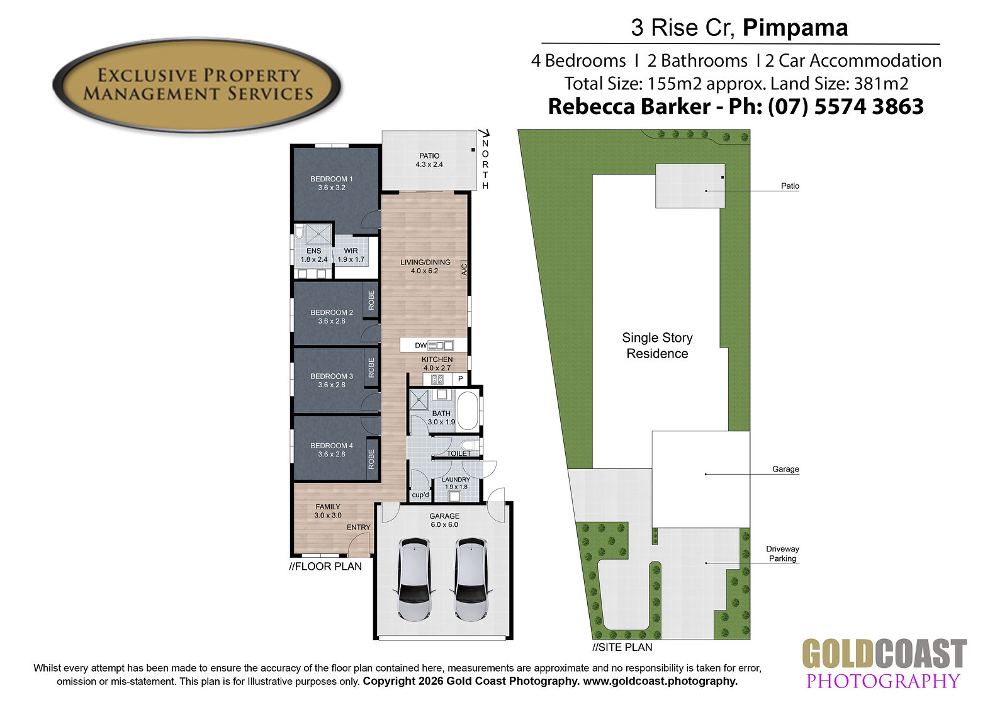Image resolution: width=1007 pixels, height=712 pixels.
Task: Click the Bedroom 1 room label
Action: pyautogui.click(x=331, y=183)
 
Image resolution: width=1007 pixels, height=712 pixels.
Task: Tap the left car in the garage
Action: pyautogui.click(x=416, y=580)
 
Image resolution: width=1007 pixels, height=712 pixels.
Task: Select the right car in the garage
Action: pyautogui.click(x=471, y=580)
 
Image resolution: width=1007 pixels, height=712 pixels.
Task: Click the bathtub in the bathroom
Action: pyautogui.click(x=468, y=411)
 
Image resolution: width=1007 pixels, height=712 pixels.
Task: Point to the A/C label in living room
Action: pyautogui.click(x=464, y=269)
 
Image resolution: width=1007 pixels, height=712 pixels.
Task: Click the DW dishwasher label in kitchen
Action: pyautogui.click(x=421, y=346)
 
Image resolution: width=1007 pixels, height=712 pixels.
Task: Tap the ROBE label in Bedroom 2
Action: pyautogui.click(x=371, y=300)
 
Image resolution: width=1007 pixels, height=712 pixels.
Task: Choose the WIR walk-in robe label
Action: pyautogui.click(x=351, y=251)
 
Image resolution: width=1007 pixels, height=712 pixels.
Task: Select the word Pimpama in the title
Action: pyautogui.click(x=795, y=28)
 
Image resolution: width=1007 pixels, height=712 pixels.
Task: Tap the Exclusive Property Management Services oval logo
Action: pyautogui.click(x=197, y=86)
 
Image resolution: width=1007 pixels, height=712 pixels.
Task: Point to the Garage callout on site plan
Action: pyautogui.click(x=785, y=468)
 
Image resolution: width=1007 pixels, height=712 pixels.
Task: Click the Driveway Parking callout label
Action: pyautogui.click(x=783, y=554)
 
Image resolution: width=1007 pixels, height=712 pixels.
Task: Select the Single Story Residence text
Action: pyautogui.click(x=657, y=346)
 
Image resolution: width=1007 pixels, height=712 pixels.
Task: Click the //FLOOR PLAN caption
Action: pyautogui.click(x=325, y=567)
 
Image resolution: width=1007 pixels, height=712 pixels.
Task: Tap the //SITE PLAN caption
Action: pyautogui.click(x=622, y=647)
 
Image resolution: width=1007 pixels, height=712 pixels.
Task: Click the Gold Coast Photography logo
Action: pyautogui.click(x=884, y=664)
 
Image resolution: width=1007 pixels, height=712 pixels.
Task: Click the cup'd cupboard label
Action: pyautogui.click(x=420, y=495)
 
